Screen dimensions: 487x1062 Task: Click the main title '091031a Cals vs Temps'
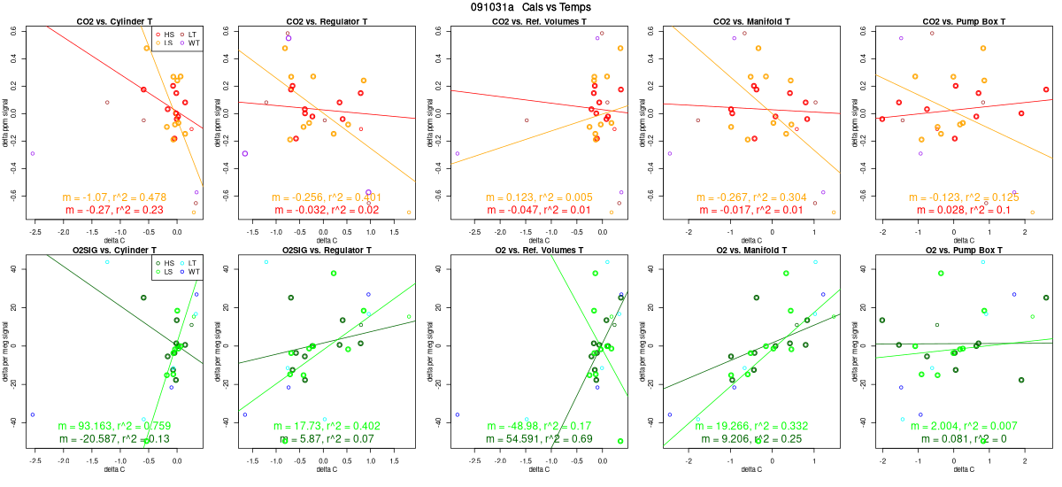click(531, 7)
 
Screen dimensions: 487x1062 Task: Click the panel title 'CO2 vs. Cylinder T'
click(114, 20)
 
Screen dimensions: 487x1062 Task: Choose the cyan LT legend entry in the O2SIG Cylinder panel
click(188, 262)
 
